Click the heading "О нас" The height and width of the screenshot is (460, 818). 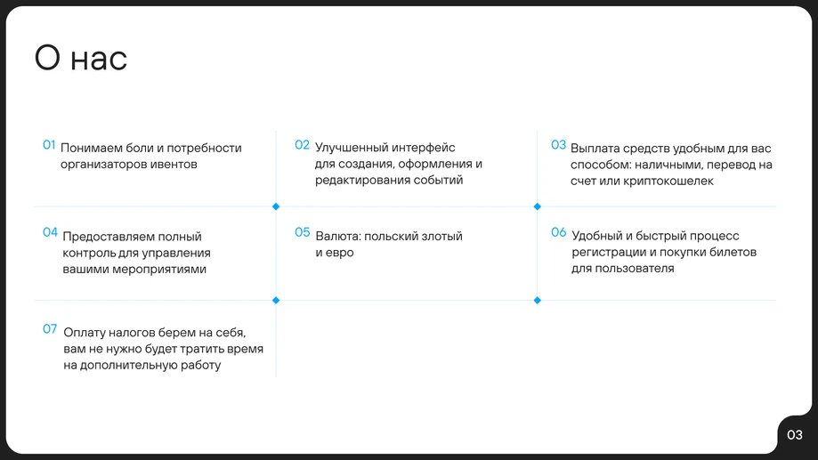(81, 59)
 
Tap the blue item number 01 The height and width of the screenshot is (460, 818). (49, 145)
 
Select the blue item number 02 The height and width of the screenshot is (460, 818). (302, 145)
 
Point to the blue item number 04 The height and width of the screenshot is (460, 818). (50, 232)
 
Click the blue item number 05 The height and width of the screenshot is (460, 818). (303, 233)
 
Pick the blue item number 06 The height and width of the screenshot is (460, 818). (558, 233)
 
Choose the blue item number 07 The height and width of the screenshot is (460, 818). (50, 329)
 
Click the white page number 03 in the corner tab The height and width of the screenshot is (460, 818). (794, 435)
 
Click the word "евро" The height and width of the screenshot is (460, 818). (340, 253)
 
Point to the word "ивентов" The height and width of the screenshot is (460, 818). (174, 164)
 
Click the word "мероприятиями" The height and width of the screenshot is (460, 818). (159, 269)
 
